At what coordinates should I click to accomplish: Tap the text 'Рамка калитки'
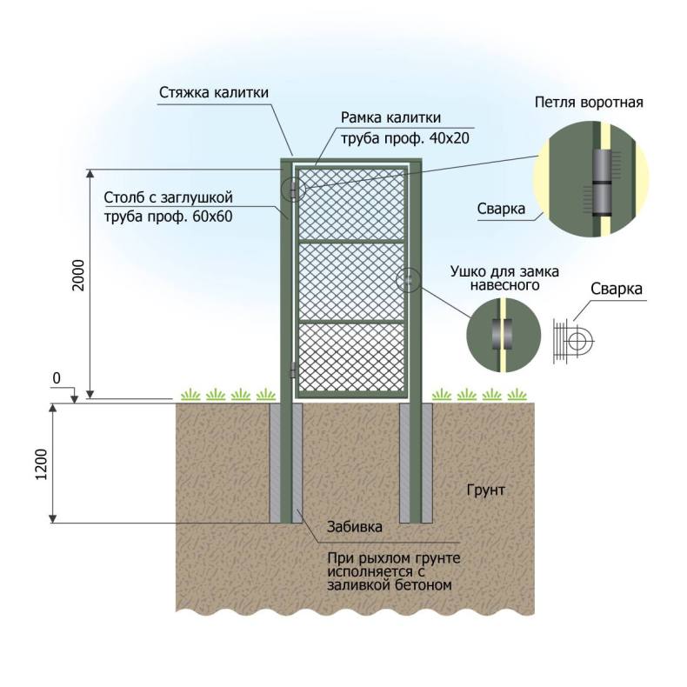[x=390, y=118]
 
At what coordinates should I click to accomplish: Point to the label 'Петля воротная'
[x=588, y=102]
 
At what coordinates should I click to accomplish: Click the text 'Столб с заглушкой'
[x=169, y=197]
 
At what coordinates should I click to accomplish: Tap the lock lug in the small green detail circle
[x=500, y=333]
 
